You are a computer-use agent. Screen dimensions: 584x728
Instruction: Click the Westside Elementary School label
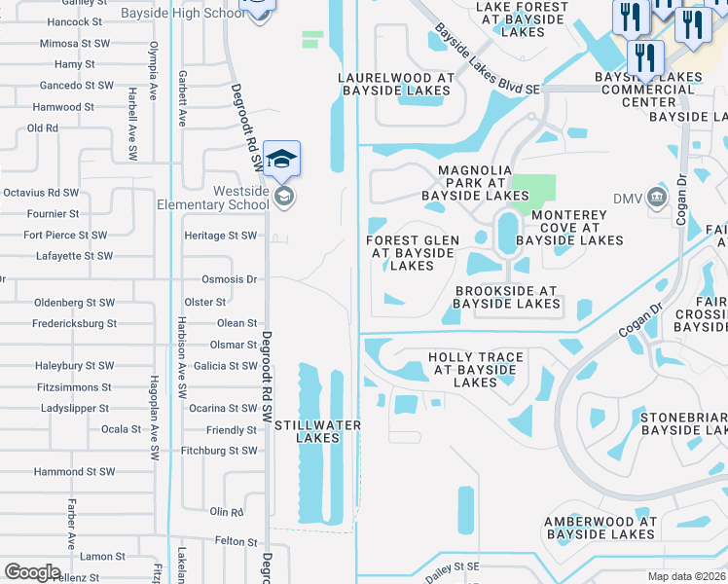pos(213,199)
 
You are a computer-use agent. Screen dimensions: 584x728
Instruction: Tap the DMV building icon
pos(657,198)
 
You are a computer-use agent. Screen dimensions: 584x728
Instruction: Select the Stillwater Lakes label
pos(317,431)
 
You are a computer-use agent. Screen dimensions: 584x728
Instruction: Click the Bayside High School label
pos(199,13)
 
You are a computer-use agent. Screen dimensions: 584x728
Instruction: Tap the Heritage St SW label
pos(221,236)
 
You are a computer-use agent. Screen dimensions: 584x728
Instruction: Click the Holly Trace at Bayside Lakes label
pos(476,370)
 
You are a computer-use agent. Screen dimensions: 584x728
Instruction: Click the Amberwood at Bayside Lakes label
pos(601,528)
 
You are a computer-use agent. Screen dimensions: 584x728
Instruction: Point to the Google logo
pos(32,572)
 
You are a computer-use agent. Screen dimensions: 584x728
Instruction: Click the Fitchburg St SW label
pos(219,451)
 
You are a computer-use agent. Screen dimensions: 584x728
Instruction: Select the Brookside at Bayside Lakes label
pos(505,297)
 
